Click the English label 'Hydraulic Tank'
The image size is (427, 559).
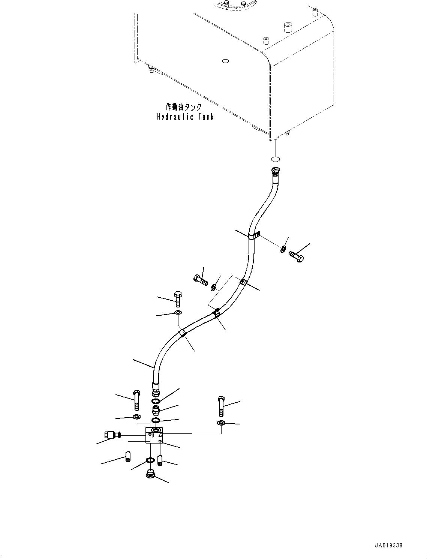185,117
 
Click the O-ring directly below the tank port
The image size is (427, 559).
276,159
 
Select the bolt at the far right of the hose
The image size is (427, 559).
296,256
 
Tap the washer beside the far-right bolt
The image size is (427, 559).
283,249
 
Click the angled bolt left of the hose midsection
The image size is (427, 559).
201,280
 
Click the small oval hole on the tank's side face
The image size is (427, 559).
226,61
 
